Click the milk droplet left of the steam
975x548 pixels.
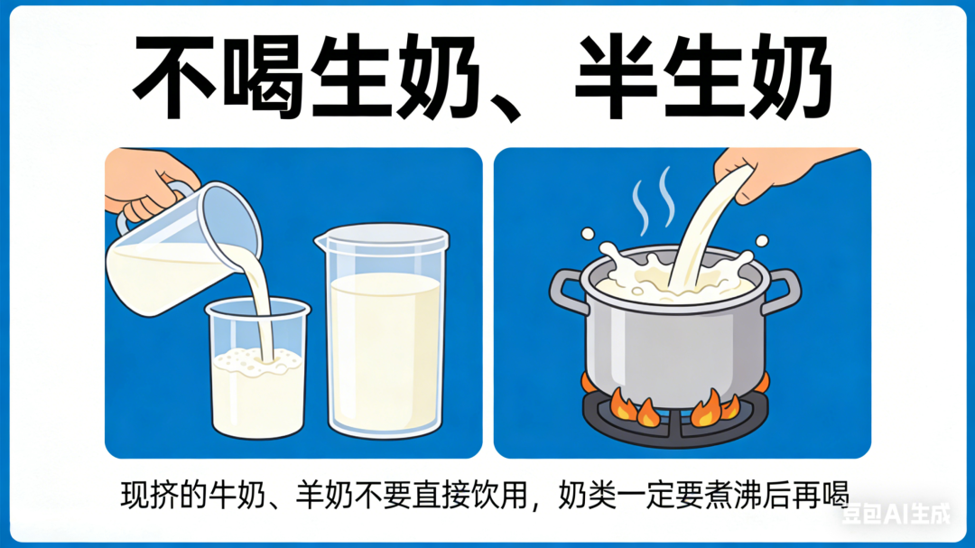pyautogui.click(x=587, y=235)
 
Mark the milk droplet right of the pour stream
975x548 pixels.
pyautogui.click(x=762, y=240)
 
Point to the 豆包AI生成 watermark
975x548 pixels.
pyautogui.click(x=896, y=514)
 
